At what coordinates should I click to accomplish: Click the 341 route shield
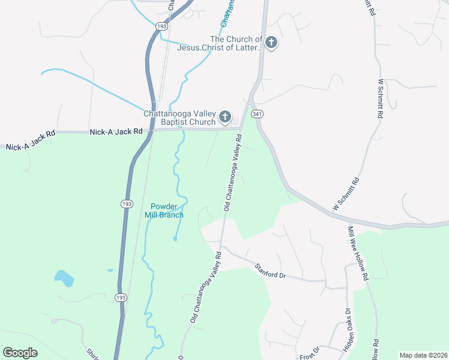[257, 114]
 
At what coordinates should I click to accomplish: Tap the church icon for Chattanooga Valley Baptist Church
[225, 117]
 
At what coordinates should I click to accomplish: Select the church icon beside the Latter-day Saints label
[271, 43]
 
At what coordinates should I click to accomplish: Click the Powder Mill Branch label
[163, 211]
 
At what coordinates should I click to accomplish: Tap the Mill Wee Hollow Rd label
[357, 253]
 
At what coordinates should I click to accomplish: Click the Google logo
[20, 353]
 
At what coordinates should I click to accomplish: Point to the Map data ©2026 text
[423, 355]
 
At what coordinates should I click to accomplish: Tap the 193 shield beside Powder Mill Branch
[127, 205]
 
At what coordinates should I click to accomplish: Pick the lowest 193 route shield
[121, 298]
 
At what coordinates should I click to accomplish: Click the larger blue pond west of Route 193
[64, 278]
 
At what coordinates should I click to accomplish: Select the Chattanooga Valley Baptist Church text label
[179, 118]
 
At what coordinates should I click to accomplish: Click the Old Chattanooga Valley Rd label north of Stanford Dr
[233, 172]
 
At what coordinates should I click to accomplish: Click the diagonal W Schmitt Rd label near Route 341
[345, 194]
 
